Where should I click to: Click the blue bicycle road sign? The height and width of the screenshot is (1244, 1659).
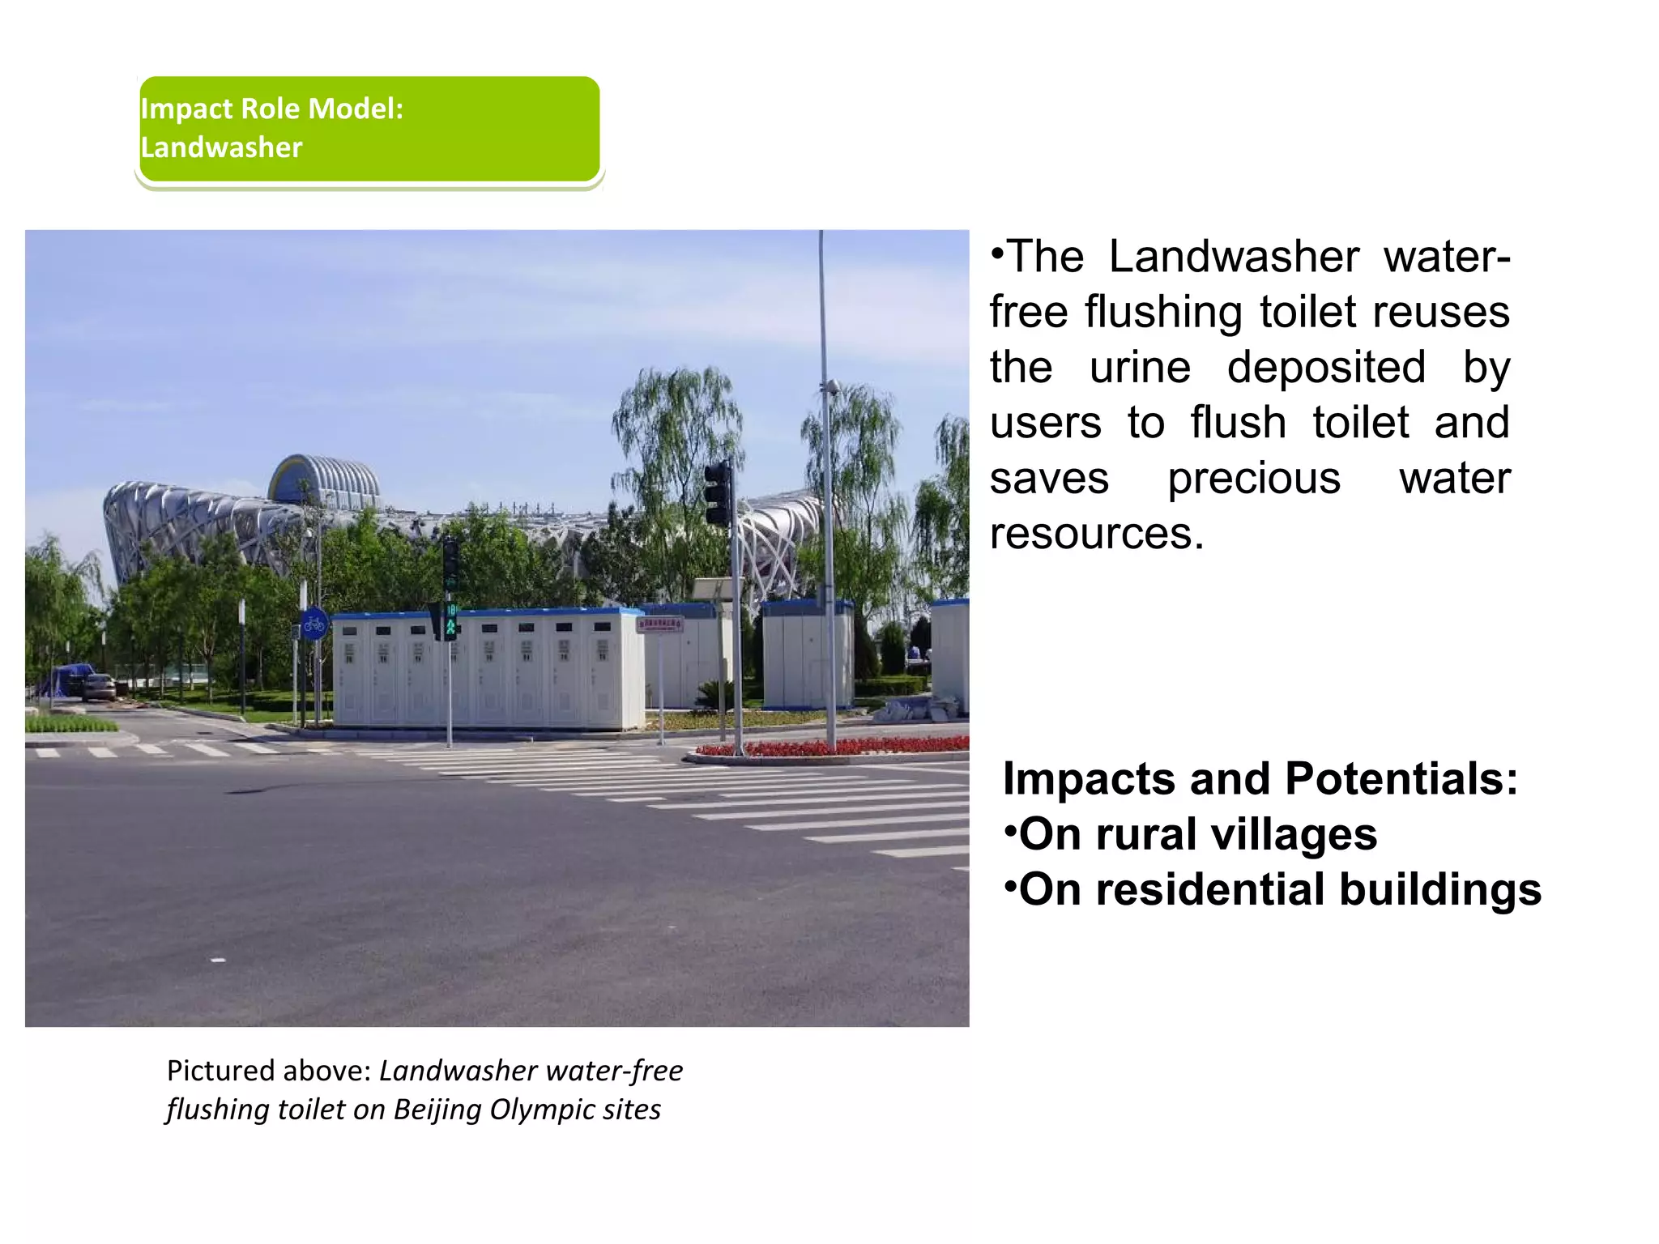(314, 624)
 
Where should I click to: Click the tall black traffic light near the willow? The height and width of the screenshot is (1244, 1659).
(717, 493)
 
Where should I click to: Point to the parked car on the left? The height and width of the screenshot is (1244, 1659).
(99, 686)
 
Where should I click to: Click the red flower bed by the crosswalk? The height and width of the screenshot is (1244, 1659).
(834, 747)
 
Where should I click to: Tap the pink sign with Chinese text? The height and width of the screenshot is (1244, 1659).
(660, 624)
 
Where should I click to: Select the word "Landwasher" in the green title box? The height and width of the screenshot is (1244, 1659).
(221, 147)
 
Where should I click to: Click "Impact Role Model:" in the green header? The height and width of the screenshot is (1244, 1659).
(272, 109)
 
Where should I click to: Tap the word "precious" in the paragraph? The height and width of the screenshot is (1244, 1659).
(1254, 478)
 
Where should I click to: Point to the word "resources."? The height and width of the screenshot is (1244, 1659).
(1097, 533)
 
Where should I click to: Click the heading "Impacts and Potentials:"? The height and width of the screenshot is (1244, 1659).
(1260, 778)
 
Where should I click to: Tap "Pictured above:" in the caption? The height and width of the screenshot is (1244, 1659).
(269, 1071)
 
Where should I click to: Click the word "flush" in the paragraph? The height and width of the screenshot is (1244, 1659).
(1238, 423)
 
